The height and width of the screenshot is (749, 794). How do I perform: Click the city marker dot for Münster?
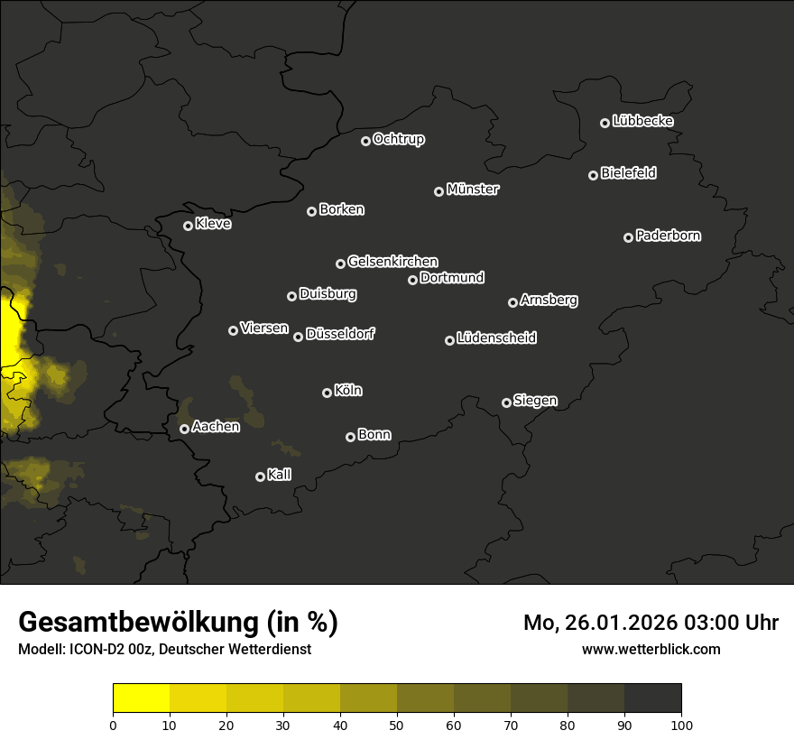(x=439, y=191)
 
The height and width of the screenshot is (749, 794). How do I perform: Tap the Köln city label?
(x=348, y=391)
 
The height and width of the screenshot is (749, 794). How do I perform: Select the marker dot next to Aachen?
(x=184, y=429)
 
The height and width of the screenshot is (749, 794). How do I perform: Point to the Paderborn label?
(x=669, y=236)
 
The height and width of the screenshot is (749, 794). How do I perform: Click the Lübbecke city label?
(x=642, y=121)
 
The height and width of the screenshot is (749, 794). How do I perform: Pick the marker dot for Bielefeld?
(x=593, y=175)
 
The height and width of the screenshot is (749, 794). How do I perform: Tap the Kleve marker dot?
(x=188, y=226)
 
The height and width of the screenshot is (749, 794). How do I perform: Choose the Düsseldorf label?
(x=340, y=334)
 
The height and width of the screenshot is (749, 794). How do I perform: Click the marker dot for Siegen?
(x=506, y=402)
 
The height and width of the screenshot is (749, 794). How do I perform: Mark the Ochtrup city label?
(x=399, y=139)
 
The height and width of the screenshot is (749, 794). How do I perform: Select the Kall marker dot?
(x=260, y=476)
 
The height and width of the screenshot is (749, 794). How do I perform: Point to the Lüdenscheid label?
(x=496, y=338)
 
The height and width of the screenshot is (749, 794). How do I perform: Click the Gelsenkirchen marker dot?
(x=340, y=264)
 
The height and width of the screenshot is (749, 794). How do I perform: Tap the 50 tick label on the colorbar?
(x=397, y=725)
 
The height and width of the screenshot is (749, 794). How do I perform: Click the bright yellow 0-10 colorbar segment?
(x=142, y=698)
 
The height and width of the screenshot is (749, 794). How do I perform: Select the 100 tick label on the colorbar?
(x=681, y=725)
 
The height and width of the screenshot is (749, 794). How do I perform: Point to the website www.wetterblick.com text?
(x=651, y=649)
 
